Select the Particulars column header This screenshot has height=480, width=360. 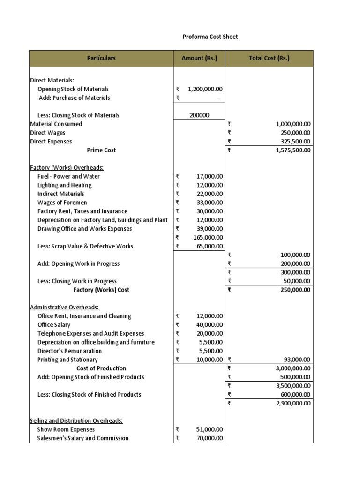tap(101, 59)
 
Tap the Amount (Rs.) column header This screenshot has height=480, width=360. tap(199, 59)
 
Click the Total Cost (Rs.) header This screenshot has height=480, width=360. tap(269, 59)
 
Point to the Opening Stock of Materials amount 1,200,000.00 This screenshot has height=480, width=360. tap(205, 89)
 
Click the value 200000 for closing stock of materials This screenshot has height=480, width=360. tap(199, 115)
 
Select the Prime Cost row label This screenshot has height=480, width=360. tap(101, 150)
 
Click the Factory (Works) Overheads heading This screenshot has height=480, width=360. tap(67, 168)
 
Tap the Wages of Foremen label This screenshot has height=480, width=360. tap(62, 202)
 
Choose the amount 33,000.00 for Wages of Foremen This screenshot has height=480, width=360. tap(210, 202)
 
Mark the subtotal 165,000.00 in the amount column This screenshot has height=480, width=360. tap(208, 238)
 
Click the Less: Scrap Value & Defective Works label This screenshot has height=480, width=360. tap(85, 246)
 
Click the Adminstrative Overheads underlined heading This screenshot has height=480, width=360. tap(64, 307)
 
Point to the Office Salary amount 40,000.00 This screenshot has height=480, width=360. tap(210, 325)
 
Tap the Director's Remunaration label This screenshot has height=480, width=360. tap(69, 351)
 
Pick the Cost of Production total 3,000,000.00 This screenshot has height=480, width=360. tap(290, 368)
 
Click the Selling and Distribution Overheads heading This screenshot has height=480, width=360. tap(76, 421)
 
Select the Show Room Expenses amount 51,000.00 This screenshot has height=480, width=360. tap(210, 429)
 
